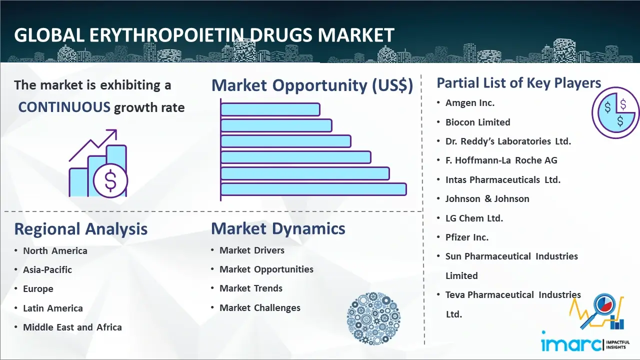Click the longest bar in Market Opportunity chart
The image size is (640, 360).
313,189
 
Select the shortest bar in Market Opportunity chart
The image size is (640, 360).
270,109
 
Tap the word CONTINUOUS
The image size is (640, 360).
64,107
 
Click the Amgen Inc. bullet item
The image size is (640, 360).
470,103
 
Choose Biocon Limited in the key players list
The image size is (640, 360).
478,122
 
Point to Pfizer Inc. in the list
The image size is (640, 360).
467,237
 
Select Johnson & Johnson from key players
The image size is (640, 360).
487,198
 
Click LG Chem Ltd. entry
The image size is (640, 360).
474,218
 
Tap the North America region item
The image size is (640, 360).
55,250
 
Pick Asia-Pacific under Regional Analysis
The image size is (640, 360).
47,269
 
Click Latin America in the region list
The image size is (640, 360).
52,308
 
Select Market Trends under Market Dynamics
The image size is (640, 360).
251,288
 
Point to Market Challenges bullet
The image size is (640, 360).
260,308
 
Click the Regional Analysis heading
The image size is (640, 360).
80,229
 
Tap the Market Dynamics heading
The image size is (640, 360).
278,228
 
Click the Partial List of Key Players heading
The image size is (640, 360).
518,82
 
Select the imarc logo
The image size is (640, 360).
572,343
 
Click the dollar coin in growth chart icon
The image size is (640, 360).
110,180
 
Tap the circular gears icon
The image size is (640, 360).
373,319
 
